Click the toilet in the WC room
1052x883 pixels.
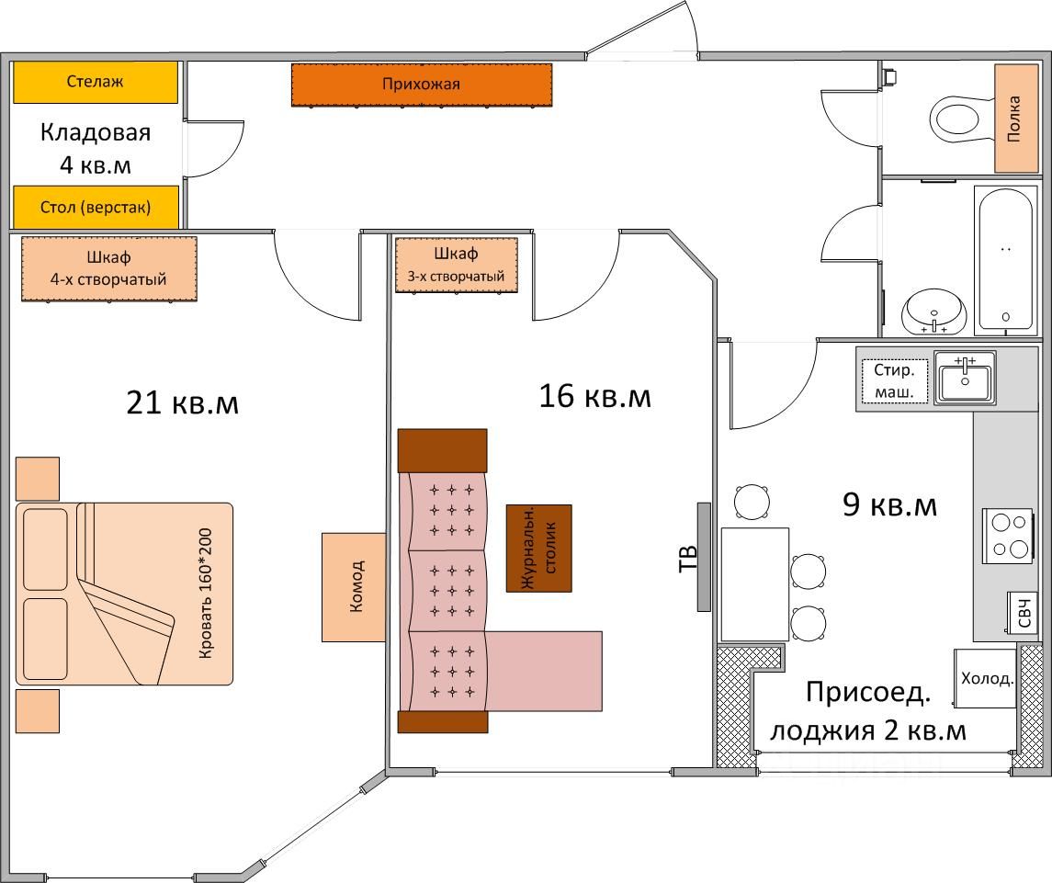tap(956, 118)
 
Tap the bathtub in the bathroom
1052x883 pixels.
tap(1007, 260)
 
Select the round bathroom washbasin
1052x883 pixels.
tap(933, 312)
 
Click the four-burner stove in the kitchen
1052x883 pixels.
tap(1009, 536)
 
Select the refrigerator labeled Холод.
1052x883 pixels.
tap(986, 678)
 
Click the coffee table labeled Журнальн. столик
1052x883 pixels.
tap(538, 548)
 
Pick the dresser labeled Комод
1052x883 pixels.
tap(353, 586)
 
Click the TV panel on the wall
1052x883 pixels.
tap(704, 557)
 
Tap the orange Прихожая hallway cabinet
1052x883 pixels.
tap(422, 85)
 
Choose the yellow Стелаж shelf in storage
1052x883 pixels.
tap(95, 82)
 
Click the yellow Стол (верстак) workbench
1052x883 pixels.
tap(95, 207)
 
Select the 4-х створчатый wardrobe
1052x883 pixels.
tap(108, 268)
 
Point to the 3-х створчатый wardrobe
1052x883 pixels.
tap(456, 265)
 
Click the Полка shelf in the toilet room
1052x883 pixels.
tap(1015, 118)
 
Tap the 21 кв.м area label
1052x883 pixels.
tap(182, 402)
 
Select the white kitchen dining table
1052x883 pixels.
tap(754, 583)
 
